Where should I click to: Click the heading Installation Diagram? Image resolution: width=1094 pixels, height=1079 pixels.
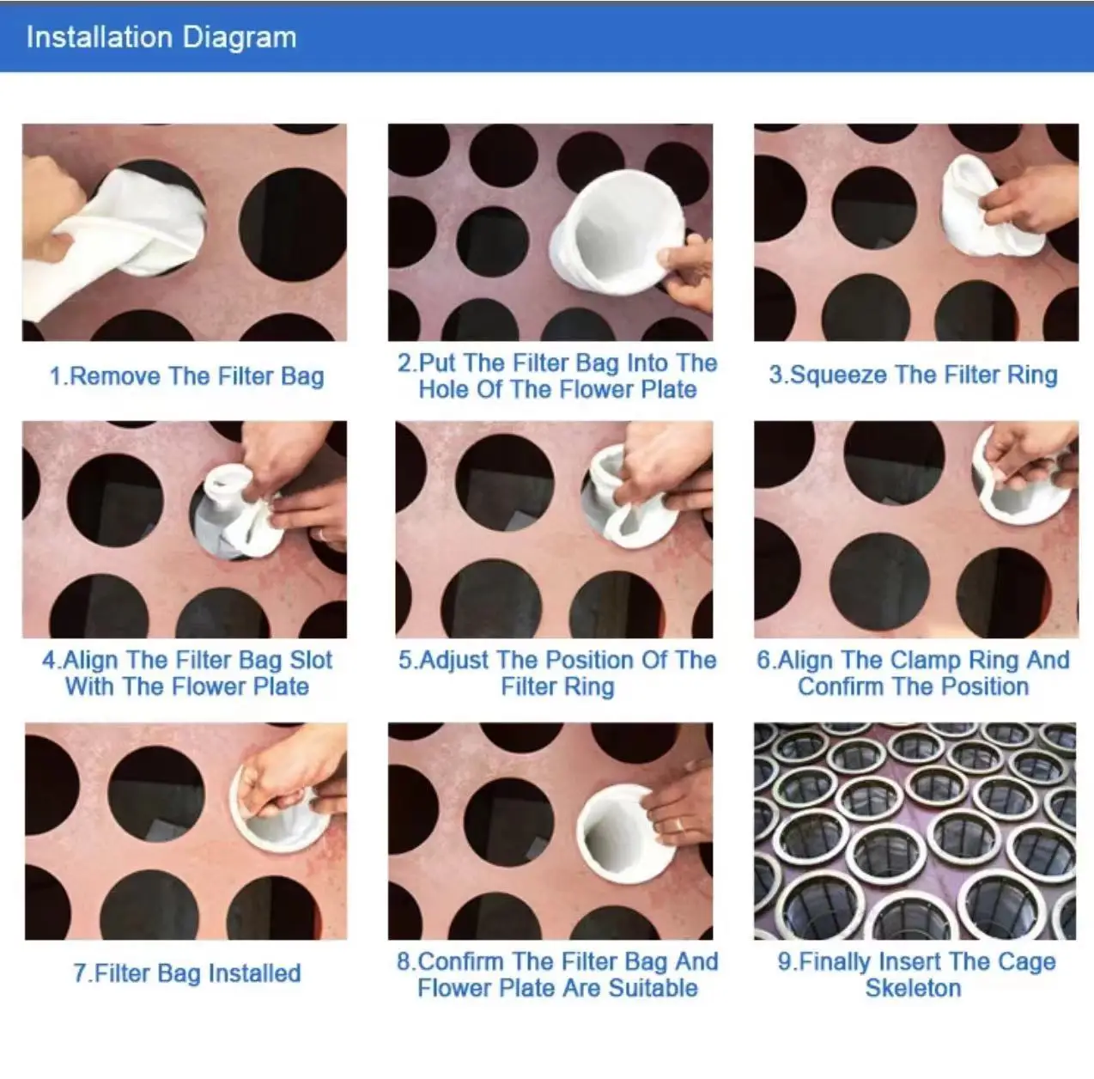click(x=161, y=37)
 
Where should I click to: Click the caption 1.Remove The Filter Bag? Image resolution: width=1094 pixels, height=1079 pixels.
click(x=186, y=376)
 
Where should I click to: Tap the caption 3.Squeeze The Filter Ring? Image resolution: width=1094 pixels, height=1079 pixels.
click(x=913, y=375)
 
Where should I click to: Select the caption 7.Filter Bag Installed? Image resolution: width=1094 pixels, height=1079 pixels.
click(x=186, y=973)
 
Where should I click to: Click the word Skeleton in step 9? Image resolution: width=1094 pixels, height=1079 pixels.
click(x=913, y=988)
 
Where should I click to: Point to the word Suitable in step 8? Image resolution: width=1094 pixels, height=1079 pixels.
click(x=653, y=988)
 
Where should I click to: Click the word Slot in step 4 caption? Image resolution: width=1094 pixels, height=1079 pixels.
click(x=310, y=660)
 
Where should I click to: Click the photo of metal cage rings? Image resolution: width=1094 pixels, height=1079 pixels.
click(x=915, y=831)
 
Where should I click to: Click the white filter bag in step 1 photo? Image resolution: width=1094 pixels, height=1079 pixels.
click(x=146, y=228)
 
